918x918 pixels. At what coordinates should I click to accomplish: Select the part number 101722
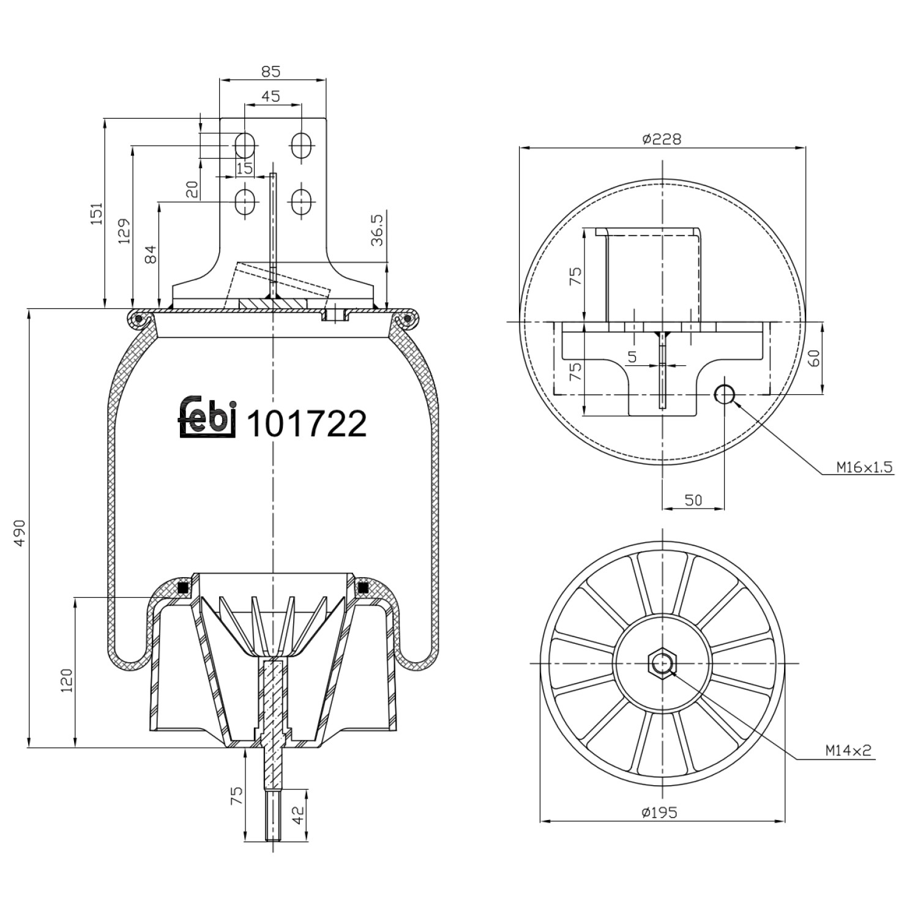(306, 424)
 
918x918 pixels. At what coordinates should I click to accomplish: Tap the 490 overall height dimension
(20, 533)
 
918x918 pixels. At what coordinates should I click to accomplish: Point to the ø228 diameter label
(661, 139)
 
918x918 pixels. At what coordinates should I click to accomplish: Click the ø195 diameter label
(660, 812)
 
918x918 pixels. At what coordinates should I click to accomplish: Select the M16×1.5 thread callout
(865, 468)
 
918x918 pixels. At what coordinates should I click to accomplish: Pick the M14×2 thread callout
(847, 750)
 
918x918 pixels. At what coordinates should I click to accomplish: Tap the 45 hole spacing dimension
(271, 96)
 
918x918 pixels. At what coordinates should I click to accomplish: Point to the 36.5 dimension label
(377, 229)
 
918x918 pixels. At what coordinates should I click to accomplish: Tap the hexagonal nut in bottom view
(662, 663)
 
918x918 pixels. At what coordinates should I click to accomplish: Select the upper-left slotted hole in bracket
(245, 146)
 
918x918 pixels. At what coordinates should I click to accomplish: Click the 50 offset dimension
(693, 499)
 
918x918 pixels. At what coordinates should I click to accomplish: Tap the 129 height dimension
(124, 231)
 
